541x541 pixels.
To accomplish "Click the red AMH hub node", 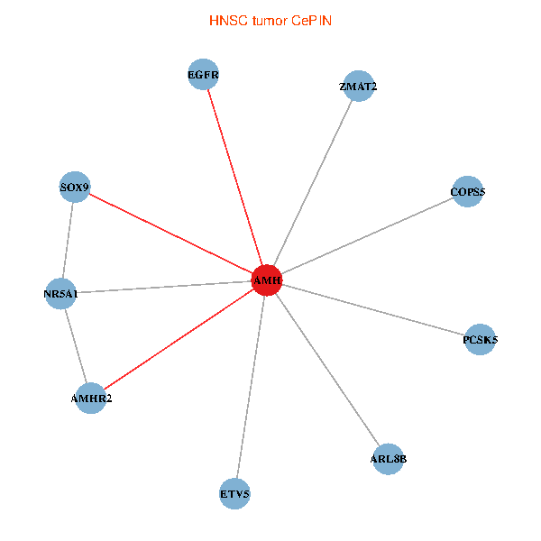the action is coord(267,280).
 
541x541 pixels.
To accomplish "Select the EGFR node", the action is coord(204,74).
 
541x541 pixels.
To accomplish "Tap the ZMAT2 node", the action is coord(358,86).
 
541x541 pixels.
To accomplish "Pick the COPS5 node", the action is coord(467,191).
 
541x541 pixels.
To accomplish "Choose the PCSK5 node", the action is coord(480,339).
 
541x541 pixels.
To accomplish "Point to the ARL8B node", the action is coord(388,458).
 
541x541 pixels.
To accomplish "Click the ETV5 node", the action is coord(234,493).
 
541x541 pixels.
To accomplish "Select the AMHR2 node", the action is coord(91,397).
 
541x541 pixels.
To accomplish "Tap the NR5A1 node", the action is coord(60,293).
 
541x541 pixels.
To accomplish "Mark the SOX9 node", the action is coord(75,188).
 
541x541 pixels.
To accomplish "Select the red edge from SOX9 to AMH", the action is coord(171,234).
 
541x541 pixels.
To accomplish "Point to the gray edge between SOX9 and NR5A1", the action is coord(68,240).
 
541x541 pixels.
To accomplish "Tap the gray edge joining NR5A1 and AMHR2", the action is coord(76,344).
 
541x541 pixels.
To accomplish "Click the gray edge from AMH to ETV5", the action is coord(251,387).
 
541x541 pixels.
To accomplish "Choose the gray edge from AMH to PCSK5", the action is coord(373,310).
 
